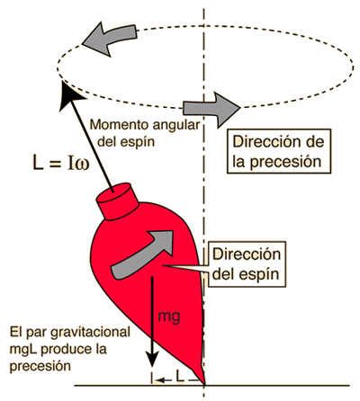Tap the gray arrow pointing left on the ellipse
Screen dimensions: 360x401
(110, 38)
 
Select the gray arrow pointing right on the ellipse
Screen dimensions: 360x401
(211, 109)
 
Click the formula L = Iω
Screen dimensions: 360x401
(61, 165)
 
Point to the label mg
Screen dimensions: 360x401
(169, 316)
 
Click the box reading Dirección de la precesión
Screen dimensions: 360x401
(279, 151)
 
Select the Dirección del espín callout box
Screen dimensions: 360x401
(247, 264)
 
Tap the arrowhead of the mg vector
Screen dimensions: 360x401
(153, 358)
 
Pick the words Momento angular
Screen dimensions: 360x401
(145, 125)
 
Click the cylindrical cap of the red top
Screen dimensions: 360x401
(117, 200)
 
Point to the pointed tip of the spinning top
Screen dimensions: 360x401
(204, 384)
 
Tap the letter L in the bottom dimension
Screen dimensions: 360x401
(179, 376)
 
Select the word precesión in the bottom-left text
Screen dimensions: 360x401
(40, 366)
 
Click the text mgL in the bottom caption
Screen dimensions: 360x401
(23, 350)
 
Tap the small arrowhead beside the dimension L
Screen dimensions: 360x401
(160, 380)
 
